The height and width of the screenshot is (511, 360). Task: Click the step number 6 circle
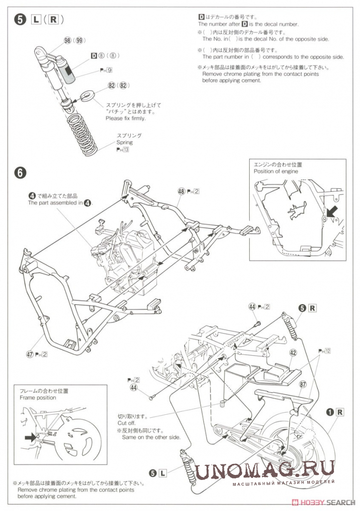click(x=21, y=172)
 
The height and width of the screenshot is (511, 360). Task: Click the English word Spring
click(x=124, y=142)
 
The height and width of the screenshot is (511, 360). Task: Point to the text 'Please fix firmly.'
click(x=126, y=118)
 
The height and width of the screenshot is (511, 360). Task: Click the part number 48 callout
click(x=181, y=191)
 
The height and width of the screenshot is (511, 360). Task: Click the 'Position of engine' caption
click(x=276, y=171)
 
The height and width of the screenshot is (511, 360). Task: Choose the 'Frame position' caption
click(x=38, y=397)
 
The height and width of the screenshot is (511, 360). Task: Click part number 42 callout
click(x=293, y=353)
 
